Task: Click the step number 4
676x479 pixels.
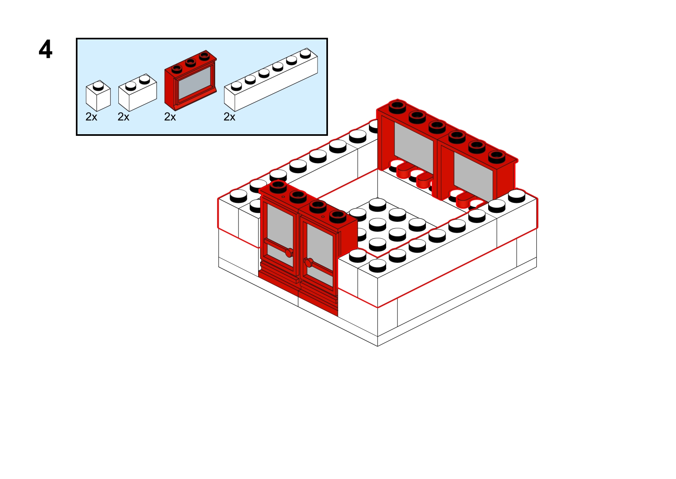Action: [45, 49]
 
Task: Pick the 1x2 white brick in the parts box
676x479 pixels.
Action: [137, 93]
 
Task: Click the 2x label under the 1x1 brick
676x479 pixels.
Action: [92, 117]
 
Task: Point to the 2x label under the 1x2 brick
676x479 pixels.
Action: [124, 117]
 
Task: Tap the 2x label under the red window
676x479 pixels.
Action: [170, 117]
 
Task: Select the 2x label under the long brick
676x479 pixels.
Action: [230, 117]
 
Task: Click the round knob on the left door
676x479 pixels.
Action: [289, 252]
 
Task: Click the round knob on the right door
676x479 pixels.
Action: [308, 263]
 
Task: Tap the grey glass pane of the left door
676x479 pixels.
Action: [280, 225]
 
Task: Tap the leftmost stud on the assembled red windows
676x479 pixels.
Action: [397, 106]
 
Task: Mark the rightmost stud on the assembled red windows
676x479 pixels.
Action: [497, 156]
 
